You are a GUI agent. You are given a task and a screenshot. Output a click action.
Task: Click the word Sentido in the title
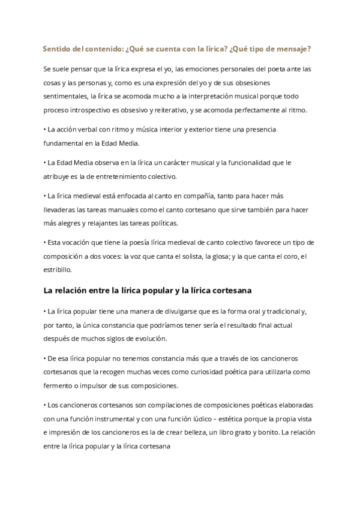click(x=57, y=48)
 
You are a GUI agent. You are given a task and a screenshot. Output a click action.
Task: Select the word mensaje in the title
click(x=297, y=48)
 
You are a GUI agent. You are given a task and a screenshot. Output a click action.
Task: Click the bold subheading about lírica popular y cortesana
click(x=147, y=291)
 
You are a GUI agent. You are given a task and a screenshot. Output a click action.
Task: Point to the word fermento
click(x=61, y=385)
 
